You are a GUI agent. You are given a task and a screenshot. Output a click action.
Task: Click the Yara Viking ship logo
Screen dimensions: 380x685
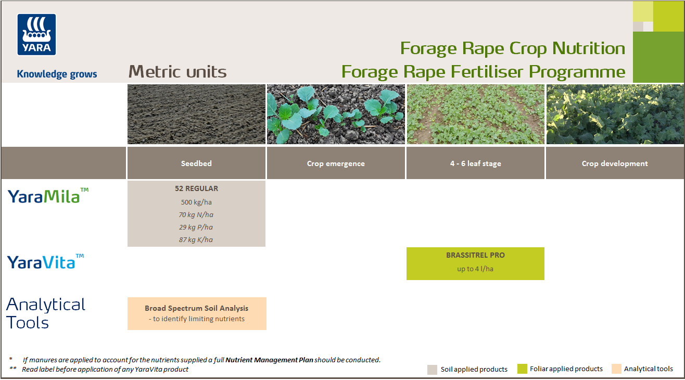coord(36,34)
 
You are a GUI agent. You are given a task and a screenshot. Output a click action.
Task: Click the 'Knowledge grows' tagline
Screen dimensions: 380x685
coord(57,74)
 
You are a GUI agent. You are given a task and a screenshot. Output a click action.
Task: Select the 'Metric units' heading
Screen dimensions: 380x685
coord(177,72)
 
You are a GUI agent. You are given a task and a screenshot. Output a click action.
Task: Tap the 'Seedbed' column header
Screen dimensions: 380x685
coord(196,163)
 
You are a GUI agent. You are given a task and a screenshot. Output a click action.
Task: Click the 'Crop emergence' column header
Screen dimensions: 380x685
coord(336,163)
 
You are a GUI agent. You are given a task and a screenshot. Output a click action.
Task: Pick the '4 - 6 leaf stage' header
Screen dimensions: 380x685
coord(475,163)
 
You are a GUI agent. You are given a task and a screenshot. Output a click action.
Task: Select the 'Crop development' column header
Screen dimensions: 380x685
coord(615,163)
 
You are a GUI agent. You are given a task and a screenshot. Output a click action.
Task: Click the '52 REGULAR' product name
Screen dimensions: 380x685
coord(196,188)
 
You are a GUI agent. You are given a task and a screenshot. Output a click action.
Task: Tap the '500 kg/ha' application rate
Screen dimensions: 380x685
coord(196,202)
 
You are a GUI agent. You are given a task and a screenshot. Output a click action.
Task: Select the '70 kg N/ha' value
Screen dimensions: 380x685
coord(196,214)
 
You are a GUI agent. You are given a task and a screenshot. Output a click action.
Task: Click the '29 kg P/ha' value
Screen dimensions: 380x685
coord(196,227)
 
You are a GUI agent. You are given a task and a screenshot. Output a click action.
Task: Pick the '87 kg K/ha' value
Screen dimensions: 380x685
coord(196,239)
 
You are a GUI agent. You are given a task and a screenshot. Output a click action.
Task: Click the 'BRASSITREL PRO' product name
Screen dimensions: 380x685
coord(475,255)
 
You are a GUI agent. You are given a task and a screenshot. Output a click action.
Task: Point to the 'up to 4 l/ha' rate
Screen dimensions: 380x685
coord(475,269)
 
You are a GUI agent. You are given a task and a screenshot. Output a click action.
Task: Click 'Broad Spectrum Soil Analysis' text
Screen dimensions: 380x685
coord(196,308)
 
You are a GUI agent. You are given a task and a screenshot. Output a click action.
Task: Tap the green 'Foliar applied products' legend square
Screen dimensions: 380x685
coord(522,369)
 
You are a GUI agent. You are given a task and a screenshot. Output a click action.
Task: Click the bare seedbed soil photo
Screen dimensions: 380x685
coord(196,115)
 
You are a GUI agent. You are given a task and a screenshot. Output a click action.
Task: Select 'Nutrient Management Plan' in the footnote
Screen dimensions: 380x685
coord(269,360)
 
